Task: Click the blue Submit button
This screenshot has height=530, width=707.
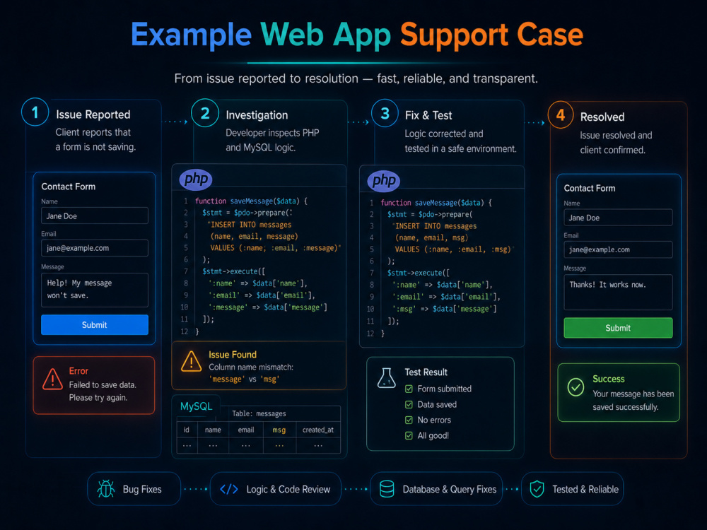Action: [x=95, y=324]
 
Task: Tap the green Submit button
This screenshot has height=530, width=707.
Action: [x=618, y=328]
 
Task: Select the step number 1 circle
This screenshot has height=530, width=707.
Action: [x=35, y=112]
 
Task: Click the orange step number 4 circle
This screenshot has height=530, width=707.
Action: [x=561, y=115]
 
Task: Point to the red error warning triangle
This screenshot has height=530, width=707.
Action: [x=52, y=379]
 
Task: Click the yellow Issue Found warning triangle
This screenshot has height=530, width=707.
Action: [x=191, y=361]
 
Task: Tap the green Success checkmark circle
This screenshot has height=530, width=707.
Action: [x=575, y=387]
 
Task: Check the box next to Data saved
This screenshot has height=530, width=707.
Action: [x=409, y=404]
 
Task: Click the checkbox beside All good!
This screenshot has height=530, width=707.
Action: [x=409, y=435]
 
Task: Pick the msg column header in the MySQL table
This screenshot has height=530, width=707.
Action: [x=279, y=430]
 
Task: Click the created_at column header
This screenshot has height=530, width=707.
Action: [x=318, y=430]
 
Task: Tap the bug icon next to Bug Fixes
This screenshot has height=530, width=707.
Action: [x=106, y=489]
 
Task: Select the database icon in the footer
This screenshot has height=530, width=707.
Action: [x=387, y=489]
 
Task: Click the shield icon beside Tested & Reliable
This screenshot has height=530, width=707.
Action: [x=537, y=489]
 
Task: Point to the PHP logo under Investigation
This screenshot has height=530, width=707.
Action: [x=196, y=179]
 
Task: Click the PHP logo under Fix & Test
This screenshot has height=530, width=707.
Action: [x=384, y=181]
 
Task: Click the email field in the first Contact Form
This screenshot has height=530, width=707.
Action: [x=95, y=248]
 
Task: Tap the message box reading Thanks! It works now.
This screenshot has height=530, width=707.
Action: [x=618, y=292]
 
